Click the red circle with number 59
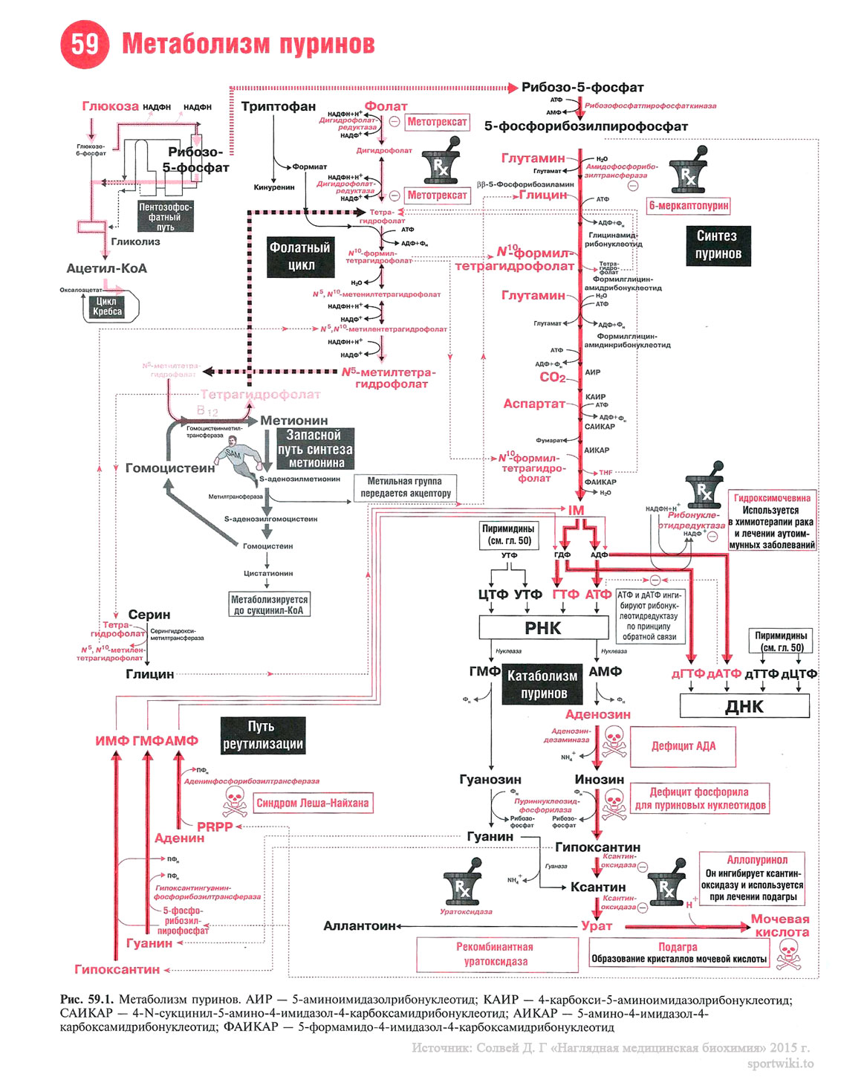[x=84, y=45]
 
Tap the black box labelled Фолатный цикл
[x=301, y=256]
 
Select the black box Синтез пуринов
[x=717, y=245]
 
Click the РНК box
[x=543, y=628]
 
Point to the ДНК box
[x=744, y=706]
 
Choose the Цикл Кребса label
[x=108, y=306]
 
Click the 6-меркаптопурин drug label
[x=689, y=206]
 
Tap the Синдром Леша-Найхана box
[x=312, y=803]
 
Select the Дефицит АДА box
[x=683, y=746]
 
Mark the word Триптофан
[x=279, y=106]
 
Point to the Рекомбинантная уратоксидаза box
[x=496, y=954]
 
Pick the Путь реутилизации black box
[x=263, y=735]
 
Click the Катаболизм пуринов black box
[x=542, y=685]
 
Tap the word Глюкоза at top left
[x=110, y=106]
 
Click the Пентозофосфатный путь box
[x=166, y=216]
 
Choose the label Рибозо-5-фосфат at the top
[x=582, y=88]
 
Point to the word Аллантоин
[x=360, y=926]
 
